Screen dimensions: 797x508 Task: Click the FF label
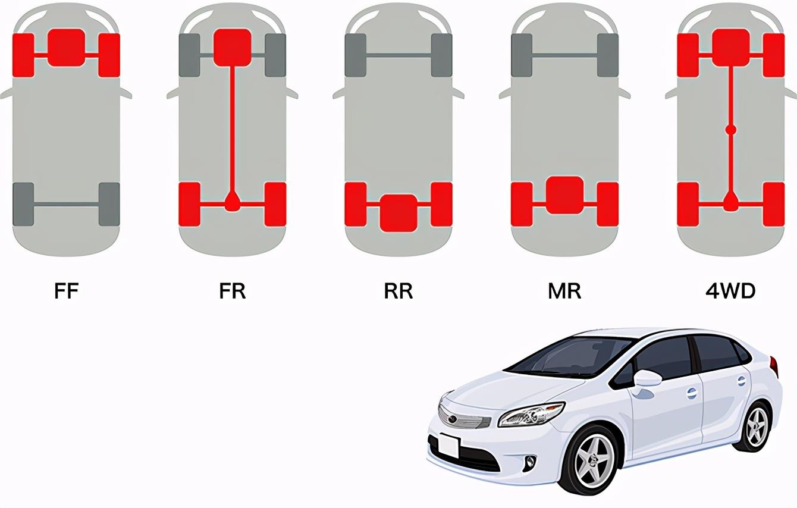pos(66,291)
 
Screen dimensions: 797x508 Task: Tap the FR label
pos(233,291)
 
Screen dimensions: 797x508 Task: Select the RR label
pos(398,291)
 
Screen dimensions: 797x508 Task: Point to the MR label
pos(564,291)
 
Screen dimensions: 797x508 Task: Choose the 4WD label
pos(730,291)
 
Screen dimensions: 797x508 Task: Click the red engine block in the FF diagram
pos(66,48)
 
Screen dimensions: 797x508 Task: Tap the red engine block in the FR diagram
pos(233,48)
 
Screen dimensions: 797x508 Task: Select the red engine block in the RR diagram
pos(398,213)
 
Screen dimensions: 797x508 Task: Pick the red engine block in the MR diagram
pos(564,195)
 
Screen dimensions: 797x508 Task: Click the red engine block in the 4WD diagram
pos(730,48)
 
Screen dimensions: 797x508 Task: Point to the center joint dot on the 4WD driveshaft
pos(730,130)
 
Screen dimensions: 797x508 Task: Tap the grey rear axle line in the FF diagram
pos(66,205)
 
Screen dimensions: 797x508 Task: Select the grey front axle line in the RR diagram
pos(398,55)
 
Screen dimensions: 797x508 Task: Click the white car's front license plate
pos(449,446)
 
